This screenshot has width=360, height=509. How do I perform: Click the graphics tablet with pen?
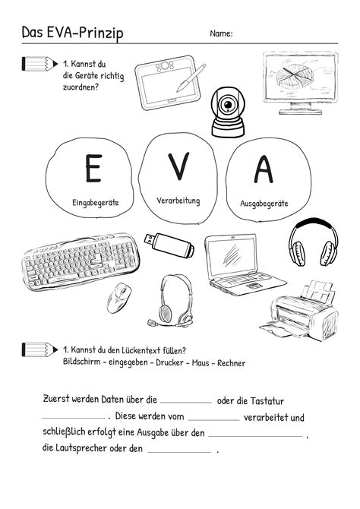(171, 84)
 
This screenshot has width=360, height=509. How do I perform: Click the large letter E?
(93, 168)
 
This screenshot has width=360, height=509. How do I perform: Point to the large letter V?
(178, 165)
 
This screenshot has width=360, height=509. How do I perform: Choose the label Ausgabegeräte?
(264, 203)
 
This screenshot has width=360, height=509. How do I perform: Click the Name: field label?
(221, 33)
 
